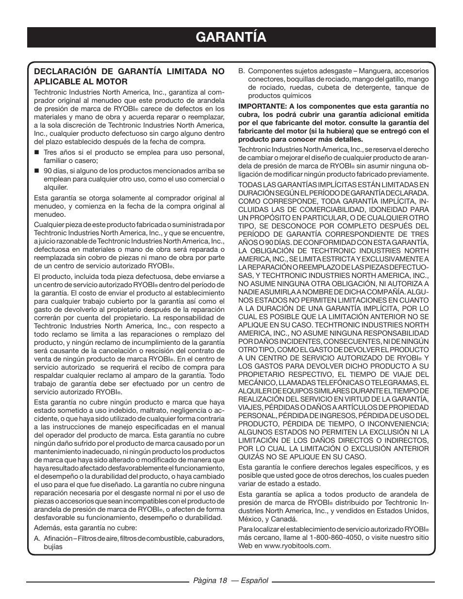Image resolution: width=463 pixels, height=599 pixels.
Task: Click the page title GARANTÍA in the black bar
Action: (231, 37)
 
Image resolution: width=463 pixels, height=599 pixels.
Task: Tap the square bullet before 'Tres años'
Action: (36, 152)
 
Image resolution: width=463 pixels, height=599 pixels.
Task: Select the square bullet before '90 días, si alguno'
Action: (36, 171)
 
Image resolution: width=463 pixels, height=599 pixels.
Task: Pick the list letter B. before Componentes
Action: (241, 71)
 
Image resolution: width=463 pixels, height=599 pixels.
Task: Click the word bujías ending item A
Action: (53, 547)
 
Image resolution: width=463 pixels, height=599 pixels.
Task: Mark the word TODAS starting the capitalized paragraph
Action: (250, 184)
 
